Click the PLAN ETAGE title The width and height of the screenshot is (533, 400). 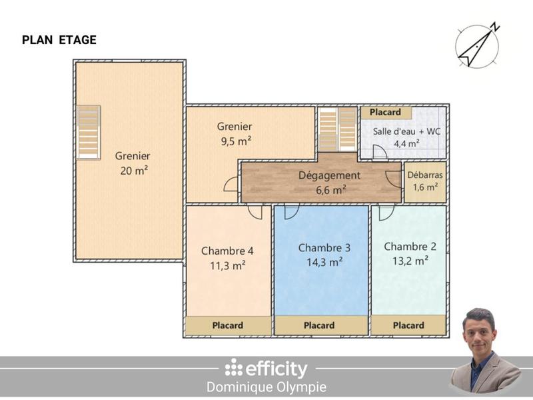point(59,40)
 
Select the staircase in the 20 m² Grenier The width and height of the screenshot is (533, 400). point(88,132)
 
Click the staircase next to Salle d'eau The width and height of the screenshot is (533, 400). point(338,129)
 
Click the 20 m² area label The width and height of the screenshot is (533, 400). point(133,171)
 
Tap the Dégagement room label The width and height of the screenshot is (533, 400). point(330,175)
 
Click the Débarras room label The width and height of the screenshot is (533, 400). point(425,175)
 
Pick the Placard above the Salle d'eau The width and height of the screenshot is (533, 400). point(386,113)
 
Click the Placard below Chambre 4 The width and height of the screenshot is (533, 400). point(228,325)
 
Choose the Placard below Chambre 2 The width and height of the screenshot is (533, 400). point(408,325)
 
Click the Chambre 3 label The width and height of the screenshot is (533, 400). point(324,247)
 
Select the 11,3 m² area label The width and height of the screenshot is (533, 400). point(228,265)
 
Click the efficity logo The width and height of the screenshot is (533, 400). point(266,368)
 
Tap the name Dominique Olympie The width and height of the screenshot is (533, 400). point(266,387)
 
